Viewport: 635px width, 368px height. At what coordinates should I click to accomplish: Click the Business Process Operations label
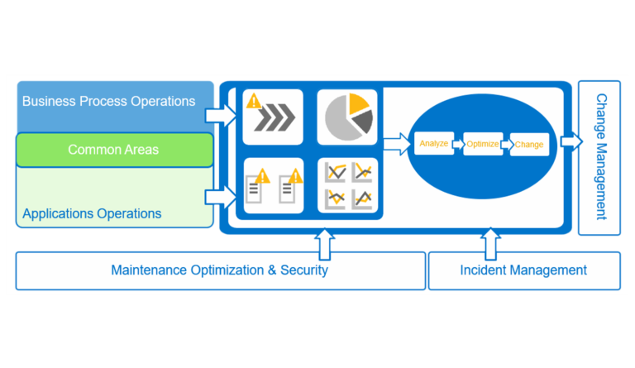coord(108,102)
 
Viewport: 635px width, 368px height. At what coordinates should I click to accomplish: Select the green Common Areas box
coord(113,150)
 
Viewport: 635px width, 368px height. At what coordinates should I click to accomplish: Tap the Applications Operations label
coord(92,213)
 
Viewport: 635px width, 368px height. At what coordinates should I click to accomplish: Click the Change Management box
coord(599,157)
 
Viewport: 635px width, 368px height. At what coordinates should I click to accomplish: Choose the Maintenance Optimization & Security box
coord(219,270)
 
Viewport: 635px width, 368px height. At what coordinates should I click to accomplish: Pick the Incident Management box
coord(523,270)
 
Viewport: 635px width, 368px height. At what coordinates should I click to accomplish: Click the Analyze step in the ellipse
coord(433,144)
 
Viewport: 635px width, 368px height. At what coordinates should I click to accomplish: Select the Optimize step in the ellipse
coord(482,144)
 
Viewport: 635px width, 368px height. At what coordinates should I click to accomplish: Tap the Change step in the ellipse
coord(529,145)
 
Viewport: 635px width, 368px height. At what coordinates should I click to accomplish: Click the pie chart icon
coord(347,117)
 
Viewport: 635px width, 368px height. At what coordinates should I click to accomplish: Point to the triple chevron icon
coord(274,120)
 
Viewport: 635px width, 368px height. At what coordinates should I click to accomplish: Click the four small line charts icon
coord(347,185)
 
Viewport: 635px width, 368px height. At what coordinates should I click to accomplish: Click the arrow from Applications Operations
coord(221,196)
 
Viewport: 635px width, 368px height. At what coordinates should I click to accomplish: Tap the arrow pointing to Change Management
coord(571,141)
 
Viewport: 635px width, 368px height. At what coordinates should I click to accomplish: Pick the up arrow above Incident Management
coord(490,243)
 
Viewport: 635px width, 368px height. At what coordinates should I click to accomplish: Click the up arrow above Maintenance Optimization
coord(325,243)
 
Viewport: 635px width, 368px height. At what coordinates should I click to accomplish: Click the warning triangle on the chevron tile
coord(254,101)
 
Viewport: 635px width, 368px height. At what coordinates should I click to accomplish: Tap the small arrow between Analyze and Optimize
coord(457,144)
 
